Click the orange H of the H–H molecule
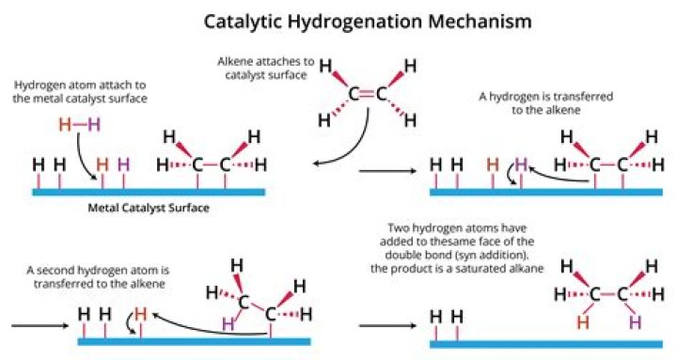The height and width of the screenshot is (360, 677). click(65, 124)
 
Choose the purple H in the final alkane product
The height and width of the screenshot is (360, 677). click(633, 322)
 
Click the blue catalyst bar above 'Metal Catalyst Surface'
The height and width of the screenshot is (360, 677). click(148, 192)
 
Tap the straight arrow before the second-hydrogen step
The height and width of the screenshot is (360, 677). click(38, 325)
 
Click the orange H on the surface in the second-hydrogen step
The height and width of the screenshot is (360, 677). click(141, 314)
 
